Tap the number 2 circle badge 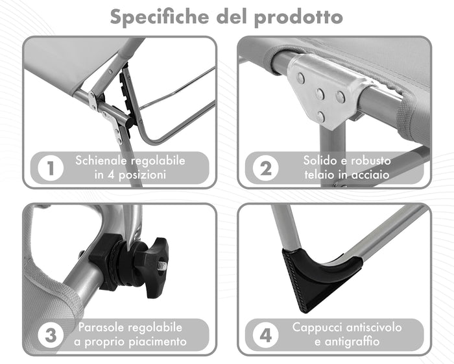tap(266, 168)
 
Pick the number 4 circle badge tap(266, 336)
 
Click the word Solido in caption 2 tap(320, 160)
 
